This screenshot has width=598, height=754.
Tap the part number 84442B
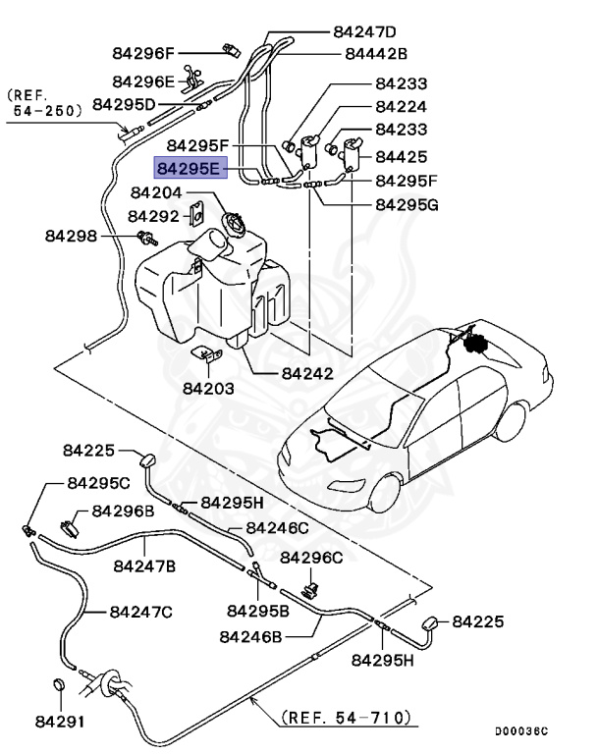(375, 54)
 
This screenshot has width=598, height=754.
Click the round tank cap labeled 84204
(234, 224)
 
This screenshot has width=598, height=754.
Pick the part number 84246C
(277, 527)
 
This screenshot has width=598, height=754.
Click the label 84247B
(144, 565)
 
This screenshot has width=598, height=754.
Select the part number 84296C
(312, 558)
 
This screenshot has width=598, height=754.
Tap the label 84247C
(140, 612)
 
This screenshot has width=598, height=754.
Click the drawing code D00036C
(521, 732)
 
